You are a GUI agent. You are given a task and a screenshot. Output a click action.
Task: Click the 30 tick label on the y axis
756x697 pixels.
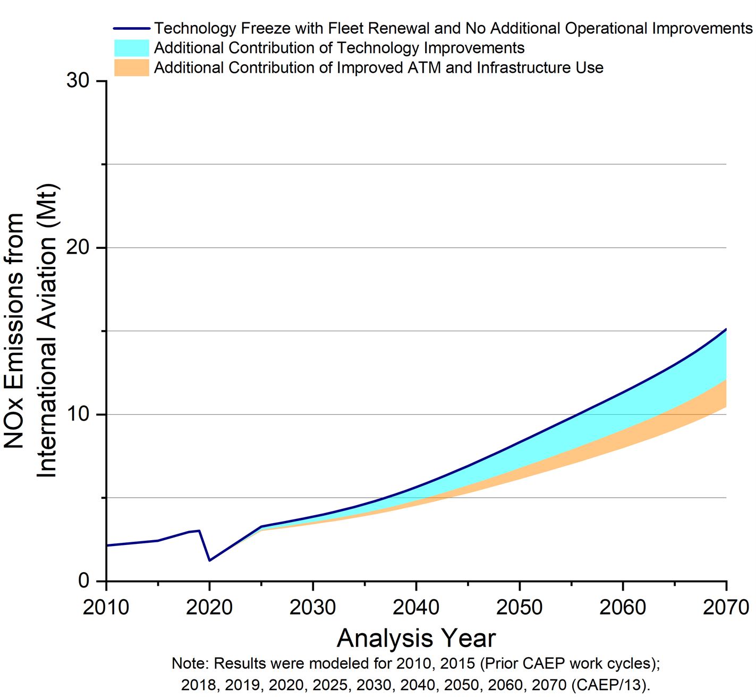coord(78,81)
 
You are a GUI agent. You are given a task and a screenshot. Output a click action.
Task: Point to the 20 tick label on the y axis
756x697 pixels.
coord(78,248)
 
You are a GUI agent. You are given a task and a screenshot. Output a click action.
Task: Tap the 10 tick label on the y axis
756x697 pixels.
coord(78,414)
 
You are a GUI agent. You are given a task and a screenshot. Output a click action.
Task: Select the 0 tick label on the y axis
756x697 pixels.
coord(84,581)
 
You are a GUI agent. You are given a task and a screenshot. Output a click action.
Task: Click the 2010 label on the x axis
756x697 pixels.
coord(106,607)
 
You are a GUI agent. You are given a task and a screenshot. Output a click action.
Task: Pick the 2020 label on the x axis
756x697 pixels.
coord(210,607)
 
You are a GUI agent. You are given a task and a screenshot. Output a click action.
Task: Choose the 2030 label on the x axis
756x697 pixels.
coord(313,607)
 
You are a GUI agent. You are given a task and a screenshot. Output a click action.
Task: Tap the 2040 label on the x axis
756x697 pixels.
coord(417,607)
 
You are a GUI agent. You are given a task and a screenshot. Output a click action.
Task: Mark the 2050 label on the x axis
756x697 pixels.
coord(520,607)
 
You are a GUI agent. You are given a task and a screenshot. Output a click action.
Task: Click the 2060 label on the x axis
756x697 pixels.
coord(623,607)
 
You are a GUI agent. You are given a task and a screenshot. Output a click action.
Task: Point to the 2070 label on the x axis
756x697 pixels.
coord(726,607)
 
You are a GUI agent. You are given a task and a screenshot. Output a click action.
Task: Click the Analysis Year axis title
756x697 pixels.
coord(416,638)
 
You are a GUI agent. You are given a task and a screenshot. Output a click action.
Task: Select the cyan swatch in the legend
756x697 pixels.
coord(132,48)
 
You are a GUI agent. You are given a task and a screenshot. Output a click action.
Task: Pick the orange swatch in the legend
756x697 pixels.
coord(132,68)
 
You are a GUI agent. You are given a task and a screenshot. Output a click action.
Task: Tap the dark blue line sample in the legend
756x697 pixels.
coord(132,28)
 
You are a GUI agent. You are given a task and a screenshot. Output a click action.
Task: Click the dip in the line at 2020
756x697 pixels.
coord(210,560)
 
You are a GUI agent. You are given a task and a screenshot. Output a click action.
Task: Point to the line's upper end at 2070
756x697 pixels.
coord(726,330)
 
